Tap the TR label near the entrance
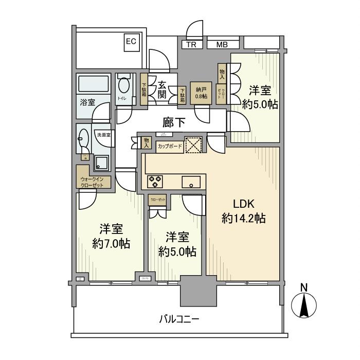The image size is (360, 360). click(191, 45)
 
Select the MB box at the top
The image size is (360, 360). click(222, 45)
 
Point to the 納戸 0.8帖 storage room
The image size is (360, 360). click(201, 93)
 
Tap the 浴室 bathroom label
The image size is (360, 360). click(87, 102)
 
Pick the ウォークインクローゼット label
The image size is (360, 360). click(92, 182)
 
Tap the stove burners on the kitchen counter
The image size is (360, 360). click(155, 181)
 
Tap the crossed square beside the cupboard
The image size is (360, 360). click(193, 145)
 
